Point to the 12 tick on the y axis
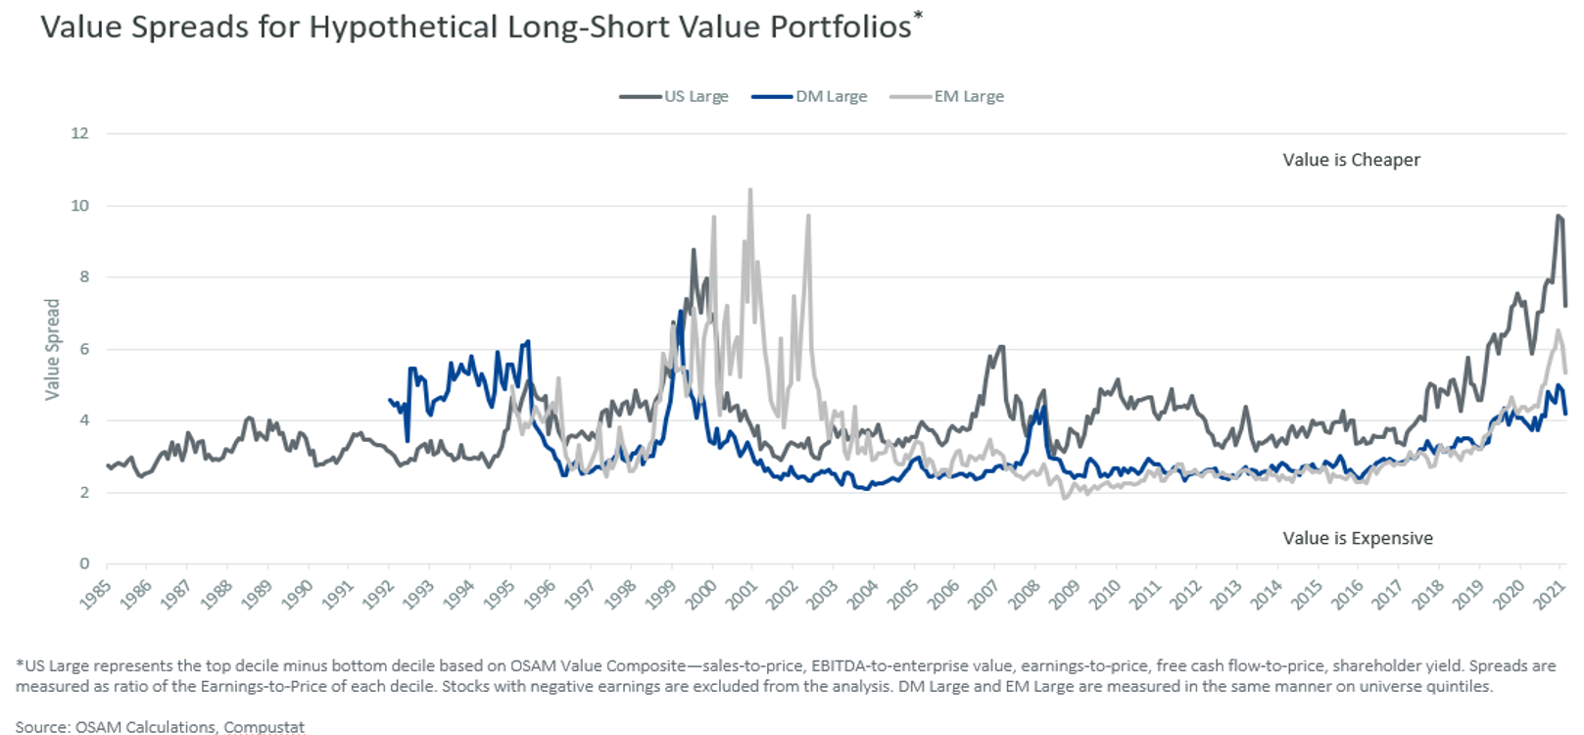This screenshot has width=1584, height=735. [x=79, y=133]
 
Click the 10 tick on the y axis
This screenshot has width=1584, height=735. [x=79, y=205]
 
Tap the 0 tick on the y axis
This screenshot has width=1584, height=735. [x=84, y=563]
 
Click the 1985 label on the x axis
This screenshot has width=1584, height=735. [x=96, y=594]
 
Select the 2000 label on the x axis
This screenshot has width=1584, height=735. [x=701, y=594]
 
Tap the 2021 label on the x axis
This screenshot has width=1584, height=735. [x=1550, y=594]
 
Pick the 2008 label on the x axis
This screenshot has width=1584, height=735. [x=1025, y=594]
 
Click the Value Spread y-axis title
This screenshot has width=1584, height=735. [x=52, y=349]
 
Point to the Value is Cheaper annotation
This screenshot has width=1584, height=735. [x=1351, y=160]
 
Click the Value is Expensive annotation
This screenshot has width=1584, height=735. [x=1358, y=538]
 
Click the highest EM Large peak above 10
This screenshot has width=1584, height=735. [x=750, y=190]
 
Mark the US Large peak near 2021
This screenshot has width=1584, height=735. [x=1559, y=216]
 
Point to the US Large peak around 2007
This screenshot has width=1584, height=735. [x=1000, y=347]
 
